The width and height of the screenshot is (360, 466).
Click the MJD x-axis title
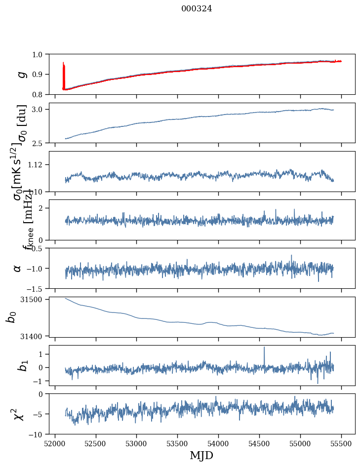tap(201, 456)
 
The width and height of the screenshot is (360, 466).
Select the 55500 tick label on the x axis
tap(342, 443)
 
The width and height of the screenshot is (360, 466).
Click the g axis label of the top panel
tap(21, 74)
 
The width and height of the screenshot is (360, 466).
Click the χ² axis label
tap(18, 414)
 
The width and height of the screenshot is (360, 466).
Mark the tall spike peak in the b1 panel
tap(264, 347)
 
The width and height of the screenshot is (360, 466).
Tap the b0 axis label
tap(11, 317)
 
